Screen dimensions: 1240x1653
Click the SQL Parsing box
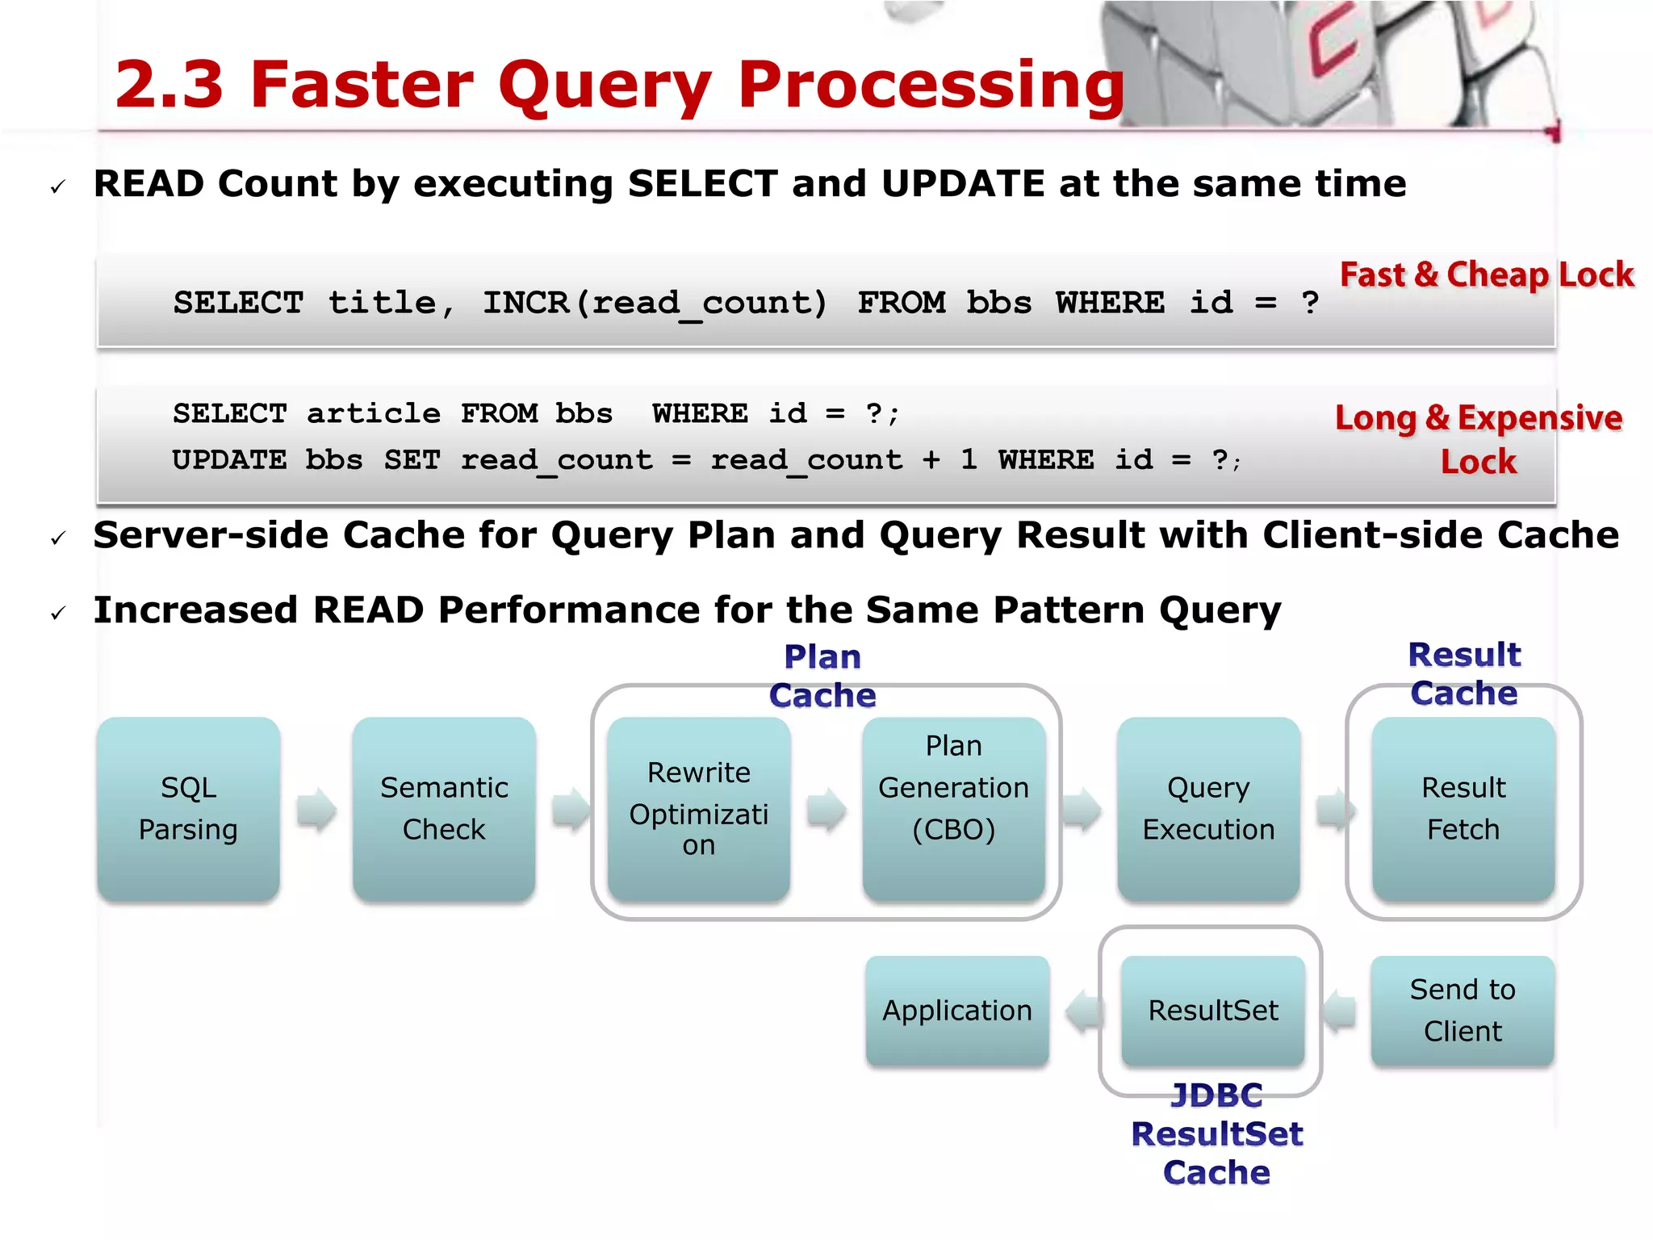pos(188,808)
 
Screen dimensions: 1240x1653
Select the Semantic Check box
pos(444,808)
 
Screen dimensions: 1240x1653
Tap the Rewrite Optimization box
pos(698,808)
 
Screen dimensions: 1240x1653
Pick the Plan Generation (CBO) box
pos(953,808)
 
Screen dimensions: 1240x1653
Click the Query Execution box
pos(1208,808)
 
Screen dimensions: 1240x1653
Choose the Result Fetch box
pos(1463,808)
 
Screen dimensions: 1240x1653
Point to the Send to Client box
pos(1462,1010)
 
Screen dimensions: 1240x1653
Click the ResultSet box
pos(1212,1010)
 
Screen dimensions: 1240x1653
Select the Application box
pos(956,1010)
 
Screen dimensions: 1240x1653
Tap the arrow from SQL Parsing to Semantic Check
pos(316,809)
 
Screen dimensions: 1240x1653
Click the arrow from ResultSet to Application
pos(1084,1011)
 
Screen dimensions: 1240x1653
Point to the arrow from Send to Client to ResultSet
pos(1339,1011)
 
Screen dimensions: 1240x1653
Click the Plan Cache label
pos(822,676)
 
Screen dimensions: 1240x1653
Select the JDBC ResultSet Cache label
pos(1216,1133)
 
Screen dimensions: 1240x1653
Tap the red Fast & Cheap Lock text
pos(1487,275)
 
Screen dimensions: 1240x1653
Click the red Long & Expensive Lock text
pos(1479,439)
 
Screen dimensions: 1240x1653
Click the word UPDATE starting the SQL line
pos(229,460)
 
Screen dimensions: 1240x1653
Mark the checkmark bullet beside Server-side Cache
pos(58,538)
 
